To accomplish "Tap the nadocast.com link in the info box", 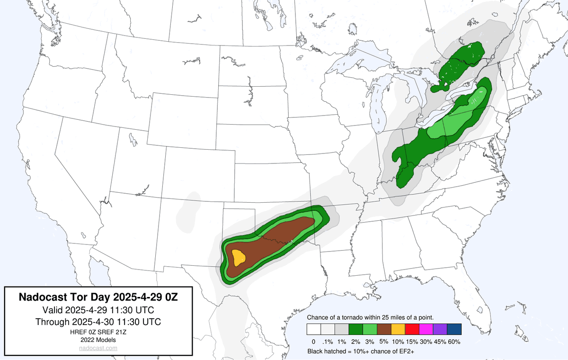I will pyautogui.click(x=98, y=348).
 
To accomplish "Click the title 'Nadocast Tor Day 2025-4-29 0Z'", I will pyautogui.click(x=98, y=297).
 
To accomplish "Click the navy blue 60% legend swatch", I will pyautogui.click(x=453, y=329).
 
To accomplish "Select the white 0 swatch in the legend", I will pyautogui.click(x=313, y=329).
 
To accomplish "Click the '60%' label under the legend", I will pyautogui.click(x=454, y=342).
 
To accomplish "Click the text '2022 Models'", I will pyautogui.click(x=98, y=340).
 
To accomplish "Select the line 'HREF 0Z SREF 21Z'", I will pyautogui.click(x=98, y=332).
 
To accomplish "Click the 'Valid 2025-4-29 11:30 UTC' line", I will pyautogui.click(x=98, y=310).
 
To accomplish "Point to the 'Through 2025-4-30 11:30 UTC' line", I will pyautogui.click(x=98, y=322).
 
